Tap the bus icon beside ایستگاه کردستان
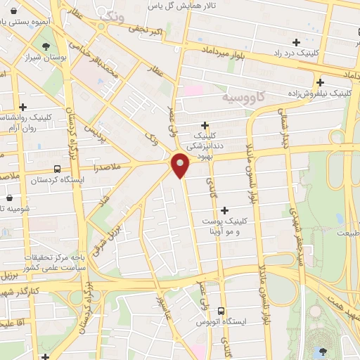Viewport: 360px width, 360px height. coord(56,169)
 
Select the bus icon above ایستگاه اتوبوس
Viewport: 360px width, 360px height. coord(221,310)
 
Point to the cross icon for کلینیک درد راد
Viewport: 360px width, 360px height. coord(296,42)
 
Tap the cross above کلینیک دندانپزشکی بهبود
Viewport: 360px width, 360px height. coord(205,124)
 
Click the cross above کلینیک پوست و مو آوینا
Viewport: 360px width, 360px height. coord(225,210)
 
